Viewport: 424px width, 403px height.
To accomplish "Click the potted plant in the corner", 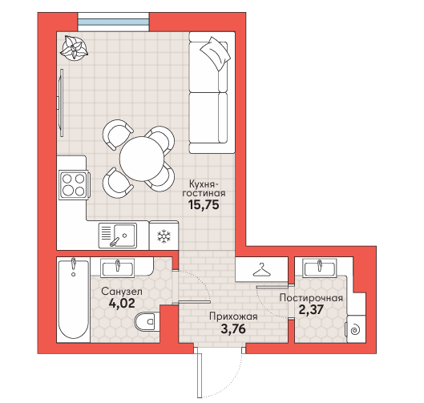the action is coord(74,49).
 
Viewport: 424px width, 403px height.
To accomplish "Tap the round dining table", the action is coord(142,159).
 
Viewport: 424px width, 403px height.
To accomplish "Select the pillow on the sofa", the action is coord(216,54).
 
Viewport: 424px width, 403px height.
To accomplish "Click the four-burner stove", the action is coord(74,185).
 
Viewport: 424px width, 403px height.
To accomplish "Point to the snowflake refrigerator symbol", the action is coord(164,236).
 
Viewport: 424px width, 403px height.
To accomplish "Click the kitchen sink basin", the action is coord(125,236).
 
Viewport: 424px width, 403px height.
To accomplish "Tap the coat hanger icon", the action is coord(261,270).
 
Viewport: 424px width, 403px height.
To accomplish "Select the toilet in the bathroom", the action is coord(146,322).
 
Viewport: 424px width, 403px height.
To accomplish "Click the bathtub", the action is coord(73,299).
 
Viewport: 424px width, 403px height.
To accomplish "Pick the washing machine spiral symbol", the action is coord(355,330).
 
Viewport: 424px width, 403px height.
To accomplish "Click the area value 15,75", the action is coord(204,205).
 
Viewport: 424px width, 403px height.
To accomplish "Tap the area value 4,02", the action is coord(122,304).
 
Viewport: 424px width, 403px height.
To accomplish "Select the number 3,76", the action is coord(233,328).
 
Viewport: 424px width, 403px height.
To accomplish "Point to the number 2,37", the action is coord(311,309).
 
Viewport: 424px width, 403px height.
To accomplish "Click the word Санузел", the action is coord(122,292).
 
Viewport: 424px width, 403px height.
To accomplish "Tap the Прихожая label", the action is coord(233,316).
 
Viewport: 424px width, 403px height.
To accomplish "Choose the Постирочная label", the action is coord(311,298).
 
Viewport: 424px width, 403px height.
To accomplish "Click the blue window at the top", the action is coord(113,22).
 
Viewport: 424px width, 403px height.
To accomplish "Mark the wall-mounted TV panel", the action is coord(61,103).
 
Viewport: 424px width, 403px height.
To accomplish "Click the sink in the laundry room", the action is coord(320,268).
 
